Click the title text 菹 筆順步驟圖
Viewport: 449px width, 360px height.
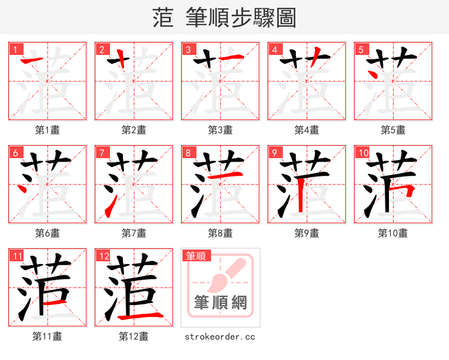(224, 18)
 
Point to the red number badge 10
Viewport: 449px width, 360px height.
(363, 153)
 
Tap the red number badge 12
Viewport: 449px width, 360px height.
(103, 256)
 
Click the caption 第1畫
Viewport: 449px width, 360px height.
(48, 130)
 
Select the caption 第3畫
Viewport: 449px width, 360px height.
(221, 130)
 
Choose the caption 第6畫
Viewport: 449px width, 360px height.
(48, 233)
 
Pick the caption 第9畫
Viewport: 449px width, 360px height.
(307, 233)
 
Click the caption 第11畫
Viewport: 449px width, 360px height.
(48, 336)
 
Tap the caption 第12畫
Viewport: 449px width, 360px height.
(134, 336)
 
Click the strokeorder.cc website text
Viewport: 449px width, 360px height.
(220, 336)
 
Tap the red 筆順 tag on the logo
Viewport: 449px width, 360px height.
(196, 256)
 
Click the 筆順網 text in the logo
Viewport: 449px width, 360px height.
(221, 303)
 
